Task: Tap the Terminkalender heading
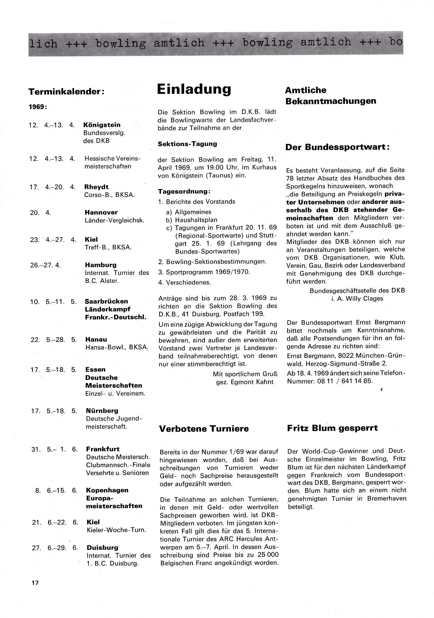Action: [x=66, y=92]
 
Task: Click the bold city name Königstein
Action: [x=102, y=125]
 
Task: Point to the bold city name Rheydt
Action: [x=96, y=187]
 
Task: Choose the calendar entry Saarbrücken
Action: [x=106, y=301]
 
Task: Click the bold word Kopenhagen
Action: [x=107, y=490]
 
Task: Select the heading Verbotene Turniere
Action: [x=204, y=429]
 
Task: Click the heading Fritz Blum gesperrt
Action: [x=332, y=428]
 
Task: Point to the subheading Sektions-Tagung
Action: [x=187, y=144]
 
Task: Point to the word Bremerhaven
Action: [x=387, y=499]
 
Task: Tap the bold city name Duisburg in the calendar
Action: [x=102, y=548]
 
